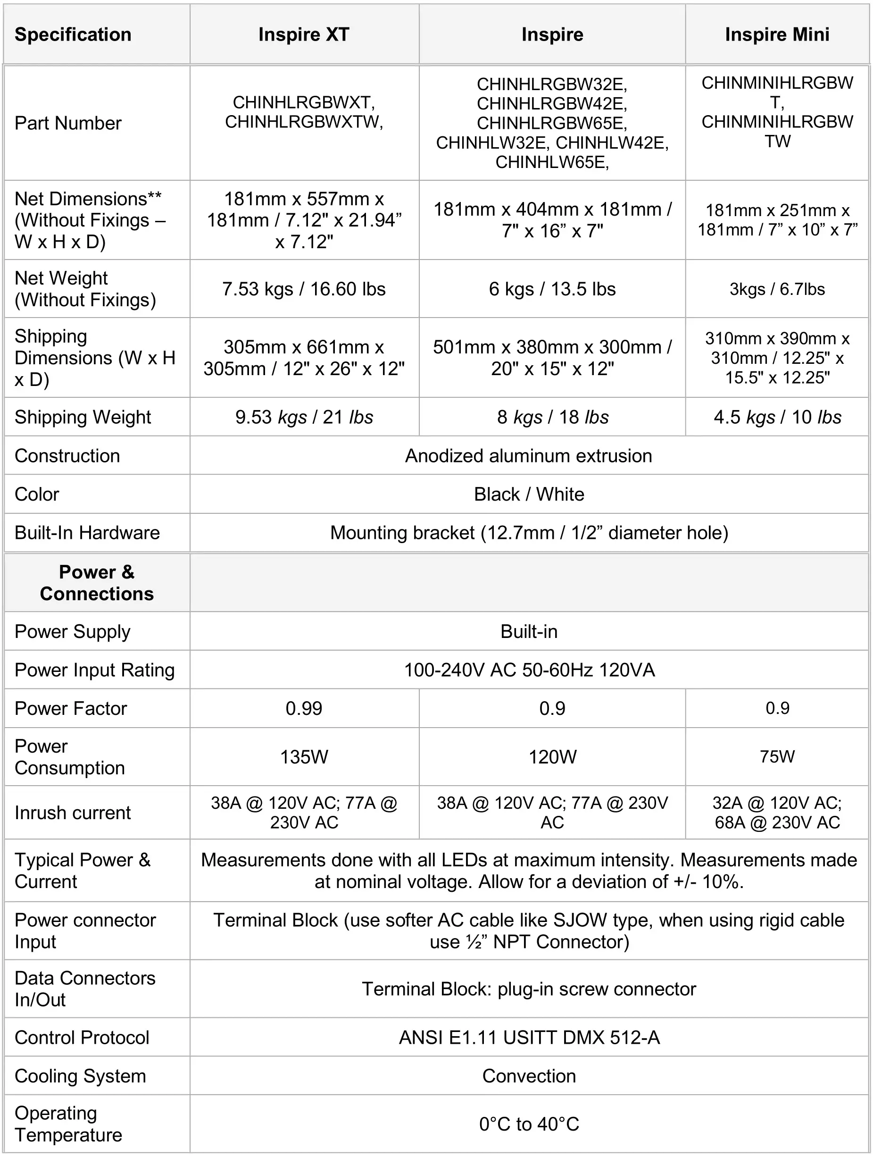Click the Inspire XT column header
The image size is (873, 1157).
[x=304, y=34]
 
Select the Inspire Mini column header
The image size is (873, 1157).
[x=777, y=34]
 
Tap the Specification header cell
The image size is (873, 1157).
[x=73, y=34]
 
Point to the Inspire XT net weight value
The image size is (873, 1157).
[x=304, y=289]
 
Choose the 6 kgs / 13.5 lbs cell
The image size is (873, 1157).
[x=552, y=289]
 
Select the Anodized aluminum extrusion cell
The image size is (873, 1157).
[x=529, y=456]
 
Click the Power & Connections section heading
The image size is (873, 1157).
[x=97, y=583]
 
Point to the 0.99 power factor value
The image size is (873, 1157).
[x=304, y=709]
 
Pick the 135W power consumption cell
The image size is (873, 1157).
[x=304, y=757]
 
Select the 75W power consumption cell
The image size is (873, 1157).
[x=777, y=757]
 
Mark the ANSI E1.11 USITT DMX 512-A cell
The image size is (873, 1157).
[x=529, y=1038]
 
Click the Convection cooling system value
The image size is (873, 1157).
[x=529, y=1076]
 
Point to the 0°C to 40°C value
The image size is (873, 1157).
[x=529, y=1124]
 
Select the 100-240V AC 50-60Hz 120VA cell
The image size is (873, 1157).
[x=529, y=671]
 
